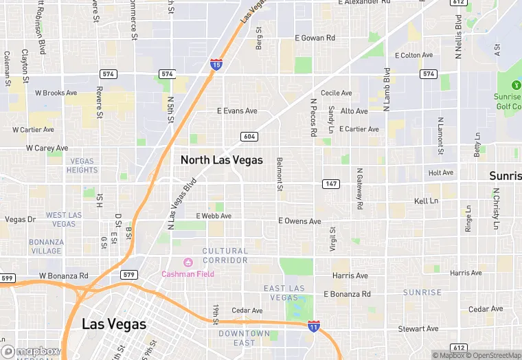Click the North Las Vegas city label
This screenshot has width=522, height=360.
tap(221, 159)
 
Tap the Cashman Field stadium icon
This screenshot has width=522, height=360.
tap(187, 262)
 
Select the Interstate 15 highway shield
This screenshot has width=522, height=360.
tap(216, 65)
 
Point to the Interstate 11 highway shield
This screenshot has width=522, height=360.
tap(313, 326)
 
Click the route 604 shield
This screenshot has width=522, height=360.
tap(249, 137)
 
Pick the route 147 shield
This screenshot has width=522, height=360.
tap(331, 183)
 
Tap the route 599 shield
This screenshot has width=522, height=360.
tap(7, 278)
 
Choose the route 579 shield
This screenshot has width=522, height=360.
tap(128, 275)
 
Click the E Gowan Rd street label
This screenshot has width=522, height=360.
tap(315, 38)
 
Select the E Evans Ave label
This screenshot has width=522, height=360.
tap(237, 111)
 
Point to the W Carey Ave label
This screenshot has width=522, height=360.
tap(47, 148)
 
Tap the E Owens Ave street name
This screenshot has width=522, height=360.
tap(299, 221)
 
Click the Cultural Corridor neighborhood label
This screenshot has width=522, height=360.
tap(225, 256)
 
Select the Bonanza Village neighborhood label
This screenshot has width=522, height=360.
tap(46, 247)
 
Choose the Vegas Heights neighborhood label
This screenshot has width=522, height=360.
tap(82, 166)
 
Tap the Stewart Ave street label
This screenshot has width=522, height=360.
tap(418, 329)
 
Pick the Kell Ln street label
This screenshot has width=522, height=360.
tap(426, 201)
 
